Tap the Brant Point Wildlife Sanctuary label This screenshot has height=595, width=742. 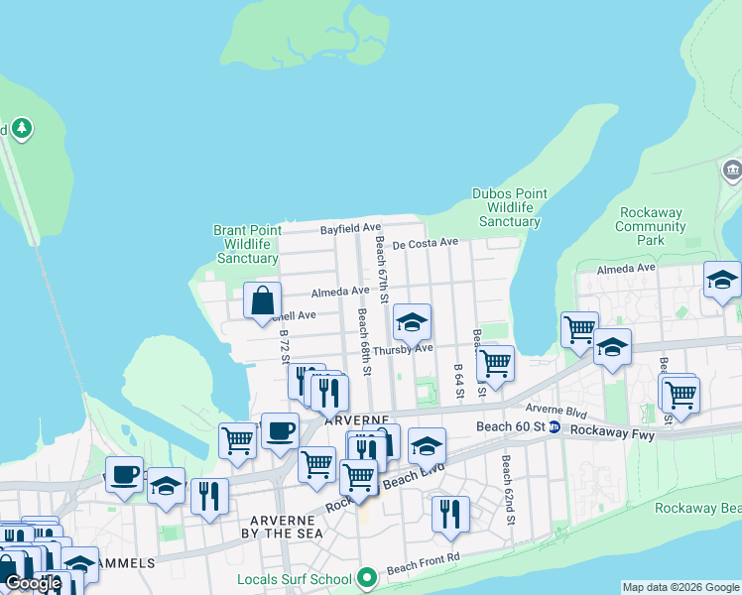click(247, 244)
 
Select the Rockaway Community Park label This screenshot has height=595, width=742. click(651, 226)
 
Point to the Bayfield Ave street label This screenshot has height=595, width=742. click(350, 229)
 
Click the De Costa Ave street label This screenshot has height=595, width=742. click(425, 243)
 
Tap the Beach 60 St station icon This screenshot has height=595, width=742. click(555, 427)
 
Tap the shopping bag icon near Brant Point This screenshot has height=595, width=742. click(262, 299)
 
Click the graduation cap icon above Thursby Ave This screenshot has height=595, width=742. click(412, 321)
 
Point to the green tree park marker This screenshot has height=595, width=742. click(21, 128)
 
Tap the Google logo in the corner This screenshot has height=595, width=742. click(33, 583)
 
